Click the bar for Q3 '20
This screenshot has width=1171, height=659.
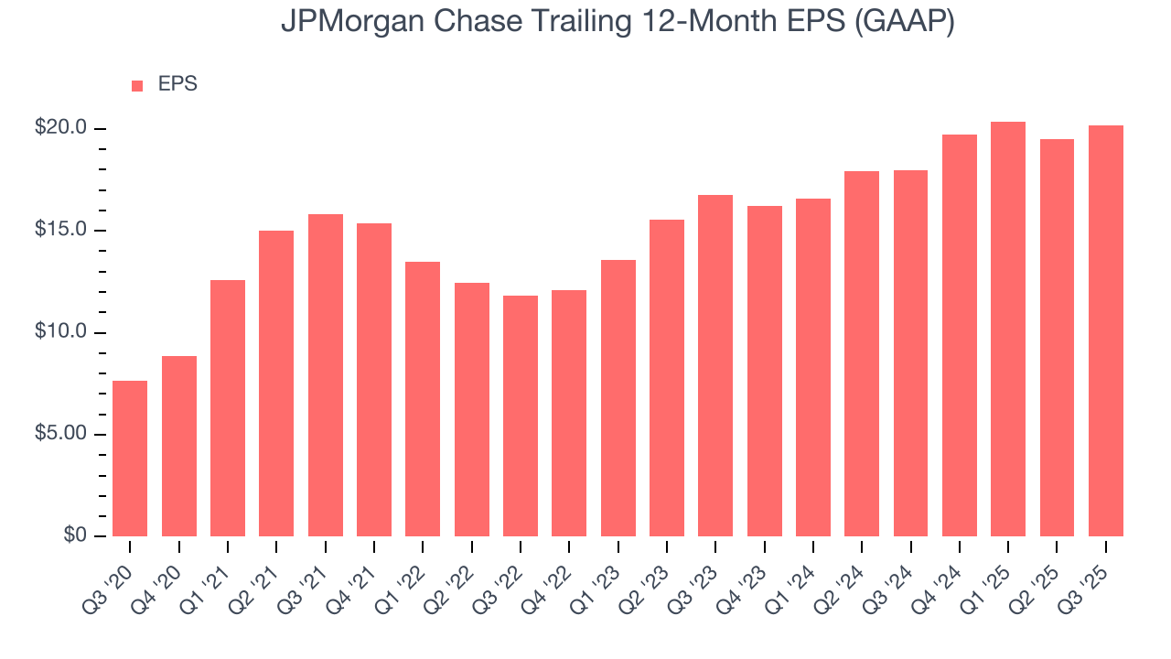[130, 458]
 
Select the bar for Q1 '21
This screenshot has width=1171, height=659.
[228, 407]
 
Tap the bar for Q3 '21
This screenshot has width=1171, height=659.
[326, 375]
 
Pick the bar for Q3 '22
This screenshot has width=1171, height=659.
[521, 416]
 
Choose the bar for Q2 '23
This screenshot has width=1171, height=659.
[667, 377]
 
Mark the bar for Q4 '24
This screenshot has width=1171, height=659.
[960, 335]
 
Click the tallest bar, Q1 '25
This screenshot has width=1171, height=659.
[1008, 329]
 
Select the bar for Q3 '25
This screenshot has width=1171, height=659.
[1106, 330]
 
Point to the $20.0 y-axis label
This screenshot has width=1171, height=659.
[60, 128]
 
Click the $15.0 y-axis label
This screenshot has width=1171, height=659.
[60, 230]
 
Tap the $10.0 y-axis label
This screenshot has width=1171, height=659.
[60, 332]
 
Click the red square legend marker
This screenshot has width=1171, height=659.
[137, 85]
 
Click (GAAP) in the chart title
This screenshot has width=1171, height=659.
[905, 22]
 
